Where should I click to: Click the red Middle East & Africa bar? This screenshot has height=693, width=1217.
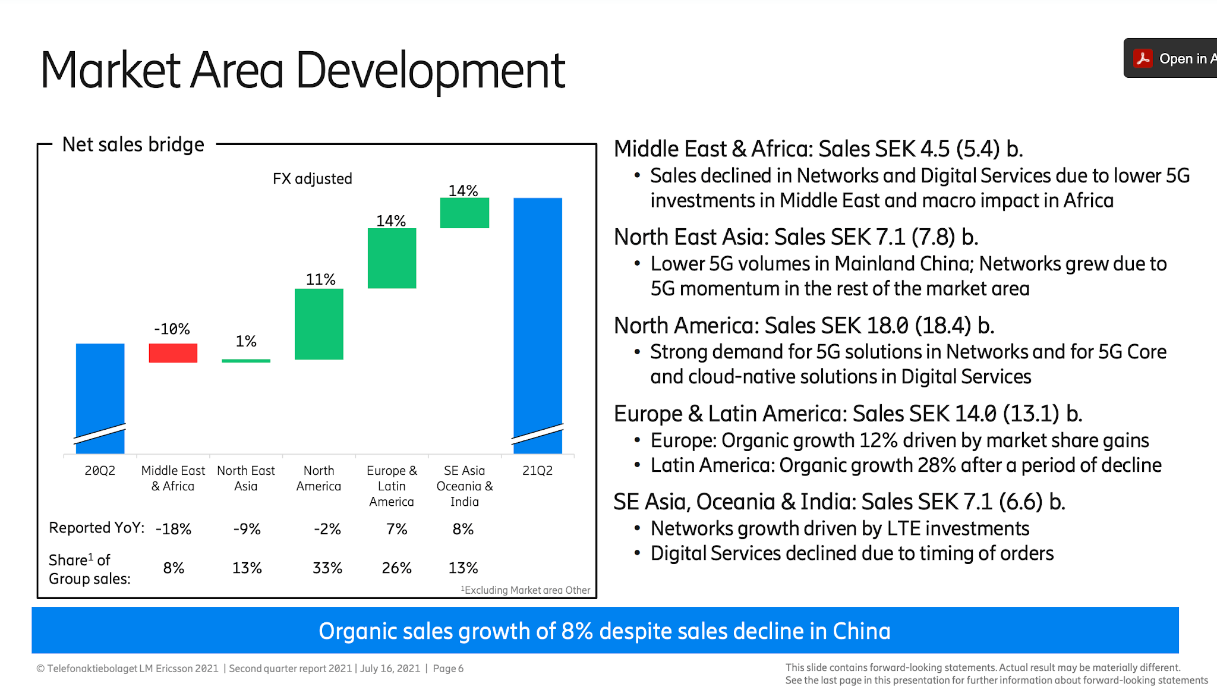coord(173,353)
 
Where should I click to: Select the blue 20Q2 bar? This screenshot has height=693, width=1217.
coord(100,386)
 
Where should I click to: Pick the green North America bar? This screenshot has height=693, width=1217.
coord(319,324)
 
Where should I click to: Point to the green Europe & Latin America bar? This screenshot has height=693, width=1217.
coord(392,259)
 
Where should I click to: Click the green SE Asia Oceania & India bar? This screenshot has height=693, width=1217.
coord(465,213)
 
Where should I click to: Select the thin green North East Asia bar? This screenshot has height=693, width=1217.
coord(246,360)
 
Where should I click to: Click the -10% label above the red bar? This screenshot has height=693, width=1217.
coord(172,329)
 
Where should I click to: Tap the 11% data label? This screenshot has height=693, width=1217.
coord(320,279)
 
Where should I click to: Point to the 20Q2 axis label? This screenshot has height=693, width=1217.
coord(100,471)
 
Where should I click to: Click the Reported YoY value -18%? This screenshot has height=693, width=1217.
coord(174,529)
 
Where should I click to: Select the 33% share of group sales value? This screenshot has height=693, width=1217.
coord(327,568)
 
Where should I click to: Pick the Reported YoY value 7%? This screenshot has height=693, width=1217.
coord(396,529)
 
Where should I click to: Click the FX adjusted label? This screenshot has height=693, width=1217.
coord(313,179)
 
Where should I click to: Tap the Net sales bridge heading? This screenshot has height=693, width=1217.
coord(133,144)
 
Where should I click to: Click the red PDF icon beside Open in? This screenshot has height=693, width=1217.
coord(1143,58)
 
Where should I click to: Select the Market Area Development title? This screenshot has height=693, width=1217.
coord(302,71)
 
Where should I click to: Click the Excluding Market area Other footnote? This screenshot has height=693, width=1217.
coord(526,590)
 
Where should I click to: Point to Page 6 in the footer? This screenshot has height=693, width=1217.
coord(448,669)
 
